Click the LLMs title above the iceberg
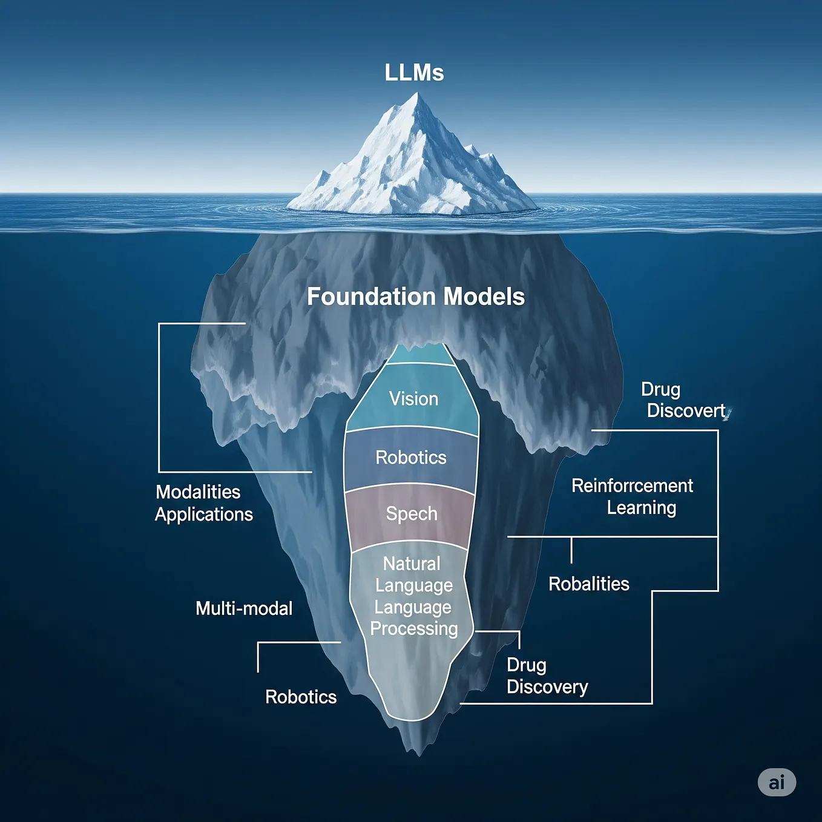point(414,73)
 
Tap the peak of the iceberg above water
point(416,95)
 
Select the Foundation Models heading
point(415,297)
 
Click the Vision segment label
point(413,399)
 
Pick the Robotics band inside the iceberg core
point(411,458)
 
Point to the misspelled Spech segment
point(412,514)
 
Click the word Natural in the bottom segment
point(412,564)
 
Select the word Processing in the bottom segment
point(414,629)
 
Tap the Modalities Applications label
point(203,503)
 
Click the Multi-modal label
point(244,608)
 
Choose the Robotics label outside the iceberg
point(301,697)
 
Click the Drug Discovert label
point(684,400)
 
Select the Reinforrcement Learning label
point(633,496)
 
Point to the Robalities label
point(588,584)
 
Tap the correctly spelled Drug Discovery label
point(547,676)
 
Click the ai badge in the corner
point(777,782)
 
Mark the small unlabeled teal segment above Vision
point(420,354)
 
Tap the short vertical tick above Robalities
point(571,550)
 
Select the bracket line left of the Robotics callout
point(258,657)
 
